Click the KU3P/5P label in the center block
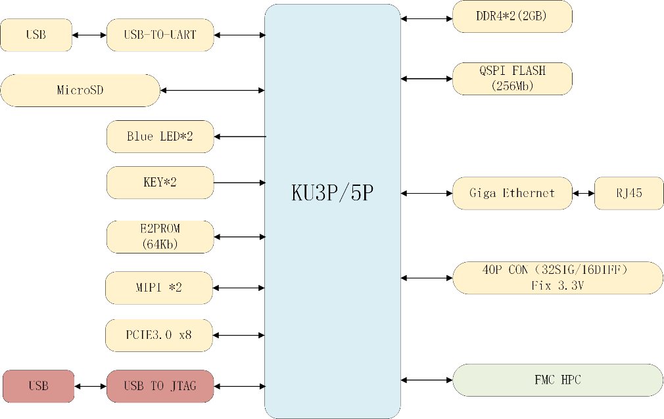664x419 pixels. coord(333,193)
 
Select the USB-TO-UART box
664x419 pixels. coord(160,35)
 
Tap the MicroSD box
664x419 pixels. coord(80,90)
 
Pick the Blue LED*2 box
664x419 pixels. coord(160,137)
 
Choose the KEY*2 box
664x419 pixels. coord(160,183)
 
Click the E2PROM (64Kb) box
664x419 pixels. coord(160,236)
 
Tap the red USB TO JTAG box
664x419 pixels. coord(160,386)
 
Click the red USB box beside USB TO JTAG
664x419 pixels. coord(38,386)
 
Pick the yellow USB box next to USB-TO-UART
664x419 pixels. coord(36,35)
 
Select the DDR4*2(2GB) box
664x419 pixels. coord(512,16)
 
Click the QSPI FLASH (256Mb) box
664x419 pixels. coord(512,78)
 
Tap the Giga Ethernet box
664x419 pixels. coord(512,193)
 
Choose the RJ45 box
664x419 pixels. coord(629,193)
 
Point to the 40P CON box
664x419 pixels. coord(557,278)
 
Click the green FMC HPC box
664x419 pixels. coord(557,380)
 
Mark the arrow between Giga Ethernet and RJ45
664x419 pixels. coord(583,193)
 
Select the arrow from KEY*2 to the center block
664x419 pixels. coord(239,183)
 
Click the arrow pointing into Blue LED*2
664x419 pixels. coord(239,137)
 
